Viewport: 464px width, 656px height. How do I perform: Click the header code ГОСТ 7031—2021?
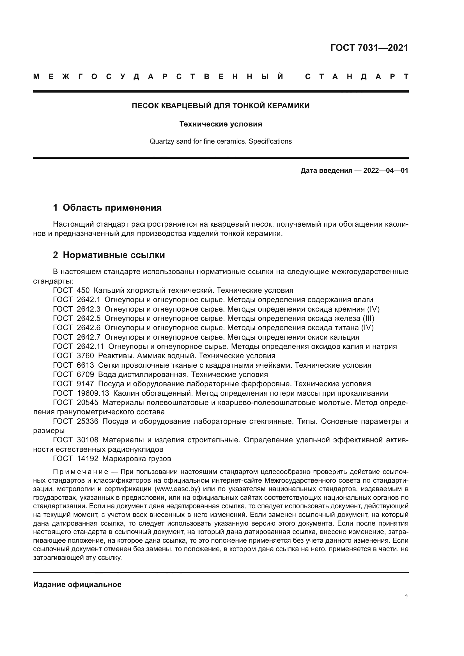coord(369,48)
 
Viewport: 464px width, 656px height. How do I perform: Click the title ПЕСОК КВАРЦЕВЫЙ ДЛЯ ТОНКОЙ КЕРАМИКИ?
coord(220,106)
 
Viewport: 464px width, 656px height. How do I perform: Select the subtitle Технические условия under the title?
coord(220,124)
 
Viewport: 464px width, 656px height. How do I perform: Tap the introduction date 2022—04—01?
coord(386,171)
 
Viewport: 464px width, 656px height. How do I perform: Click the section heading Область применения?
coord(112,208)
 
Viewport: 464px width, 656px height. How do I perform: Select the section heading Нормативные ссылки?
coord(114,255)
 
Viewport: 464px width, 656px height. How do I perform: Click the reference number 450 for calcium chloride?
coord(83,290)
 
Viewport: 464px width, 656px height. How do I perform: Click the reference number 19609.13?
coord(93,393)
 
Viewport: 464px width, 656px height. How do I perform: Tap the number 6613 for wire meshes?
coord(86,365)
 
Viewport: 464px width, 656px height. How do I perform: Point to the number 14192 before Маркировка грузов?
coord(88,459)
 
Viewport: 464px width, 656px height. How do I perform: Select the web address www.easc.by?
coord(177,489)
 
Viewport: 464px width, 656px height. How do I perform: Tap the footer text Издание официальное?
coord(77,584)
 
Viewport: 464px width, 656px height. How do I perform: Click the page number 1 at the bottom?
coord(406,597)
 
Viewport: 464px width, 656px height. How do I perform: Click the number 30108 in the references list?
coord(88,440)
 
